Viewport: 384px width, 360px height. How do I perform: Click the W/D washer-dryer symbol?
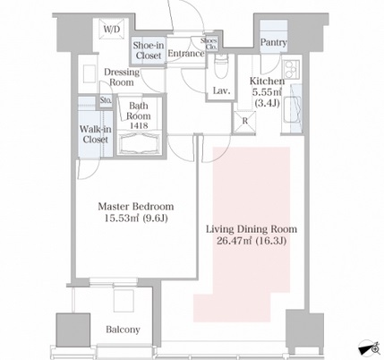point(112,29)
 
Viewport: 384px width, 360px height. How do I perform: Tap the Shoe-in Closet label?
point(149,50)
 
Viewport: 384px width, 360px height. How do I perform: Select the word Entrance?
point(186,54)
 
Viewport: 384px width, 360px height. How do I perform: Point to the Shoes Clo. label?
point(209,44)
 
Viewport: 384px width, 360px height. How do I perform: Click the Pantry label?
point(274,42)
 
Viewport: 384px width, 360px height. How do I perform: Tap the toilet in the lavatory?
point(221,66)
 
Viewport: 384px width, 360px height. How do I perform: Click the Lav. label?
point(221,90)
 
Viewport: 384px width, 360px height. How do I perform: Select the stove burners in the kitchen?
point(291,69)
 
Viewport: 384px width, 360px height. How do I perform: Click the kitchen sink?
point(292,109)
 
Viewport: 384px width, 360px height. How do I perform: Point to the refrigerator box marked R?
point(244,121)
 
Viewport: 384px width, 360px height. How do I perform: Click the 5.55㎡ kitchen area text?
point(267,92)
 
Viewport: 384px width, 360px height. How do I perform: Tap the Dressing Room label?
point(122,77)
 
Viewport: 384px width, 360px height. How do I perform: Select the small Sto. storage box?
point(106,100)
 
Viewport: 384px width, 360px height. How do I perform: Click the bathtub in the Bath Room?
point(140,142)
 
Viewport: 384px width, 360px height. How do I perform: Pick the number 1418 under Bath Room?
point(139,125)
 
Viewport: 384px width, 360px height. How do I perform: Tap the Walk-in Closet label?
point(96,134)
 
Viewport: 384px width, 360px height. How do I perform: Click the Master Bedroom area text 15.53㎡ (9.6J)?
point(136,219)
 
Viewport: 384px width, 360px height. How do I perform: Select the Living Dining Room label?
point(252,229)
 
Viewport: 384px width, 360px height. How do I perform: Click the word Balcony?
point(123,330)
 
